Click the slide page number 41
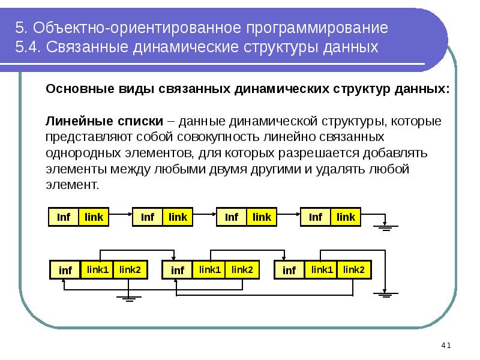[x=445, y=345]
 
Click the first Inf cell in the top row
[x=64, y=217]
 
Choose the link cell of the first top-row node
[x=94, y=217]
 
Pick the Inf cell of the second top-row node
[x=148, y=217]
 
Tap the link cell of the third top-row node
[x=262, y=217]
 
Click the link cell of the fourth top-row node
[x=346, y=217]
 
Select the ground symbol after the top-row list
[x=384, y=226]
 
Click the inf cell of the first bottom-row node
[x=65, y=271]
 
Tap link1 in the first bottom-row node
[x=98, y=269]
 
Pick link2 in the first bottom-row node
[x=130, y=269]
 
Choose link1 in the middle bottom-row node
[x=210, y=269]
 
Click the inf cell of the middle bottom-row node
[x=178, y=271]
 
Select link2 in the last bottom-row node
[x=353, y=269]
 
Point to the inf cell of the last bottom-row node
[x=289, y=271]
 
